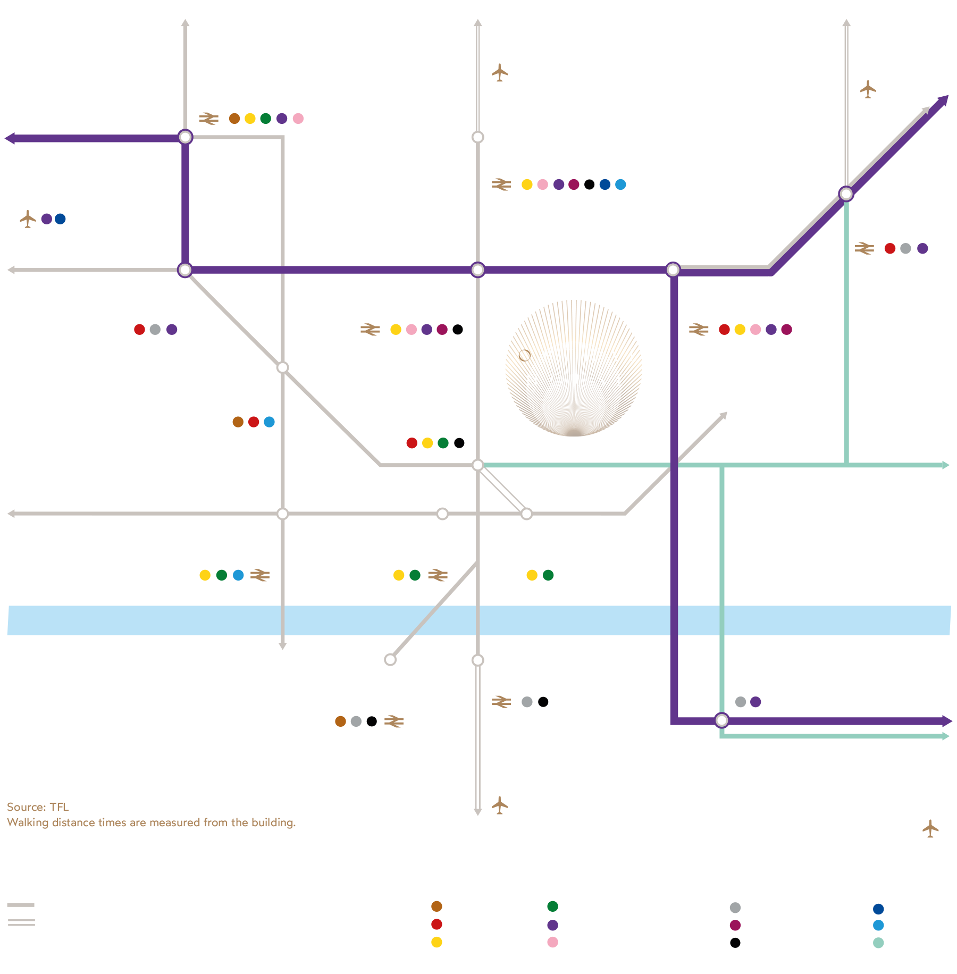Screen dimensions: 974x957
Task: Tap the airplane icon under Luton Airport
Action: [x=499, y=72]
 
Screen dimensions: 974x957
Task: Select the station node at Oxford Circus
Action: [x=283, y=367]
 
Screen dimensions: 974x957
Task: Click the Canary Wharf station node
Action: [x=721, y=720]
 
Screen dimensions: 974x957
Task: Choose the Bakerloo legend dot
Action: [x=436, y=906]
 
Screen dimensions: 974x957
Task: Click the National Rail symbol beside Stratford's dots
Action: [x=864, y=248]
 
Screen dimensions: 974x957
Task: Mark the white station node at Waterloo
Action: [x=390, y=660]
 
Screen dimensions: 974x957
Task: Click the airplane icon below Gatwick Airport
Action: [x=499, y=805]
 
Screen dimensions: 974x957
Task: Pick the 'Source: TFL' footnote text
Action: [x=38, y=807]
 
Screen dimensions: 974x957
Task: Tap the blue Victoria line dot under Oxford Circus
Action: [x=270, y=422]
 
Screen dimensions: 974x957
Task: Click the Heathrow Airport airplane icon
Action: [x=28, y=219]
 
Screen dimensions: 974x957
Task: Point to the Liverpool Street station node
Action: [x=673, y=270]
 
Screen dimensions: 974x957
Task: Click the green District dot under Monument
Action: [x=548, y=575]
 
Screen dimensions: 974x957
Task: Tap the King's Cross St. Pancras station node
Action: [x=478, y=137]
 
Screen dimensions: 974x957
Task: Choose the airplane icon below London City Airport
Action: [x=930, y=828]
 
